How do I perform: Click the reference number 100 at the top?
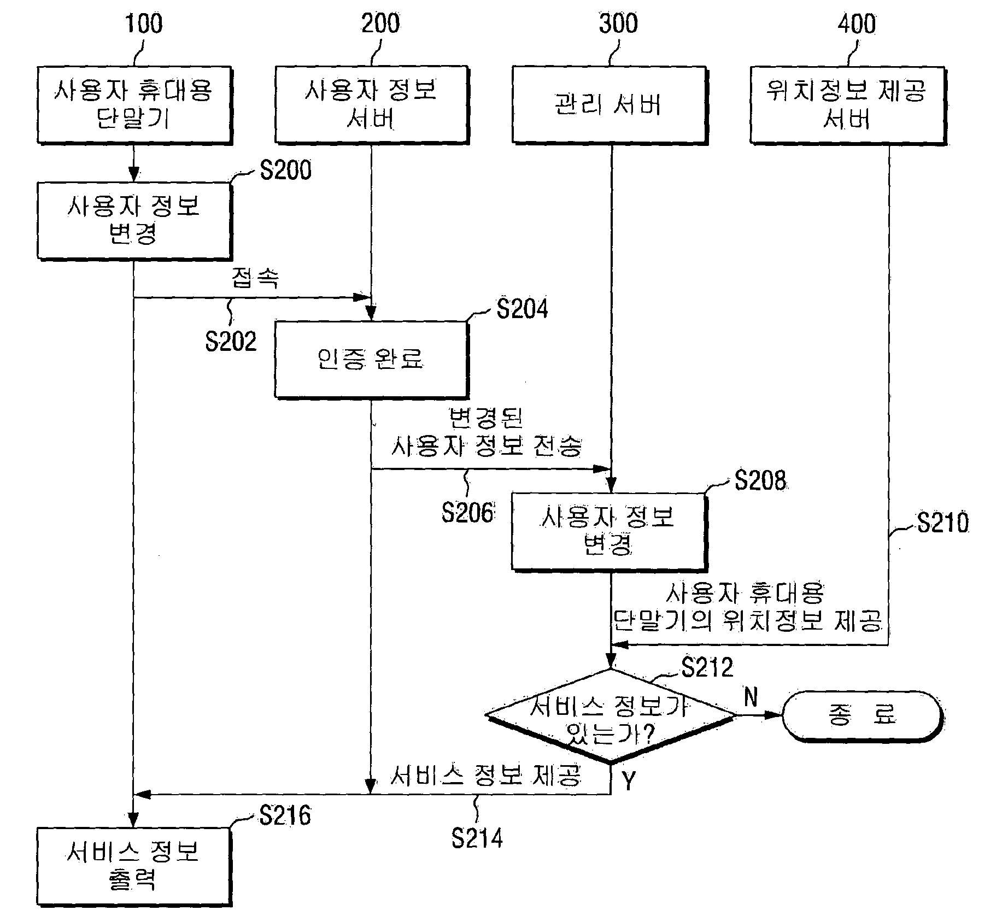[x=144, y=24]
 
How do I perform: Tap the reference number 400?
[x=857, y=24]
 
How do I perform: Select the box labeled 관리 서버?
[x=610, y=105]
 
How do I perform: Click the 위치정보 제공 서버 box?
[x=847, y=105]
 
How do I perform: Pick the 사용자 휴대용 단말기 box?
[x=134, y=105]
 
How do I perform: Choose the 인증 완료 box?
[x=372, y=360]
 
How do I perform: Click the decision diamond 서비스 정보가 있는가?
[x=611, y=716]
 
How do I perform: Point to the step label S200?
[x=285, y=170]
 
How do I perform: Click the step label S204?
[x=522, y=309]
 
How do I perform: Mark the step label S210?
[x=943, y=522]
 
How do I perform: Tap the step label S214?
[x=477, y=838]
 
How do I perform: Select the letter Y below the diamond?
[x=629, y=782]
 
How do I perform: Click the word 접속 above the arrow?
[x=255, y=278]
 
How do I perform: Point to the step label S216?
[x=285, y=815]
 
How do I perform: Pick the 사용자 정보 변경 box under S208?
[x=610, y=532]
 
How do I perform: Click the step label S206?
[x=468, y=513]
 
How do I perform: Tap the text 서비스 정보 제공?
[x=486, y=775]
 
